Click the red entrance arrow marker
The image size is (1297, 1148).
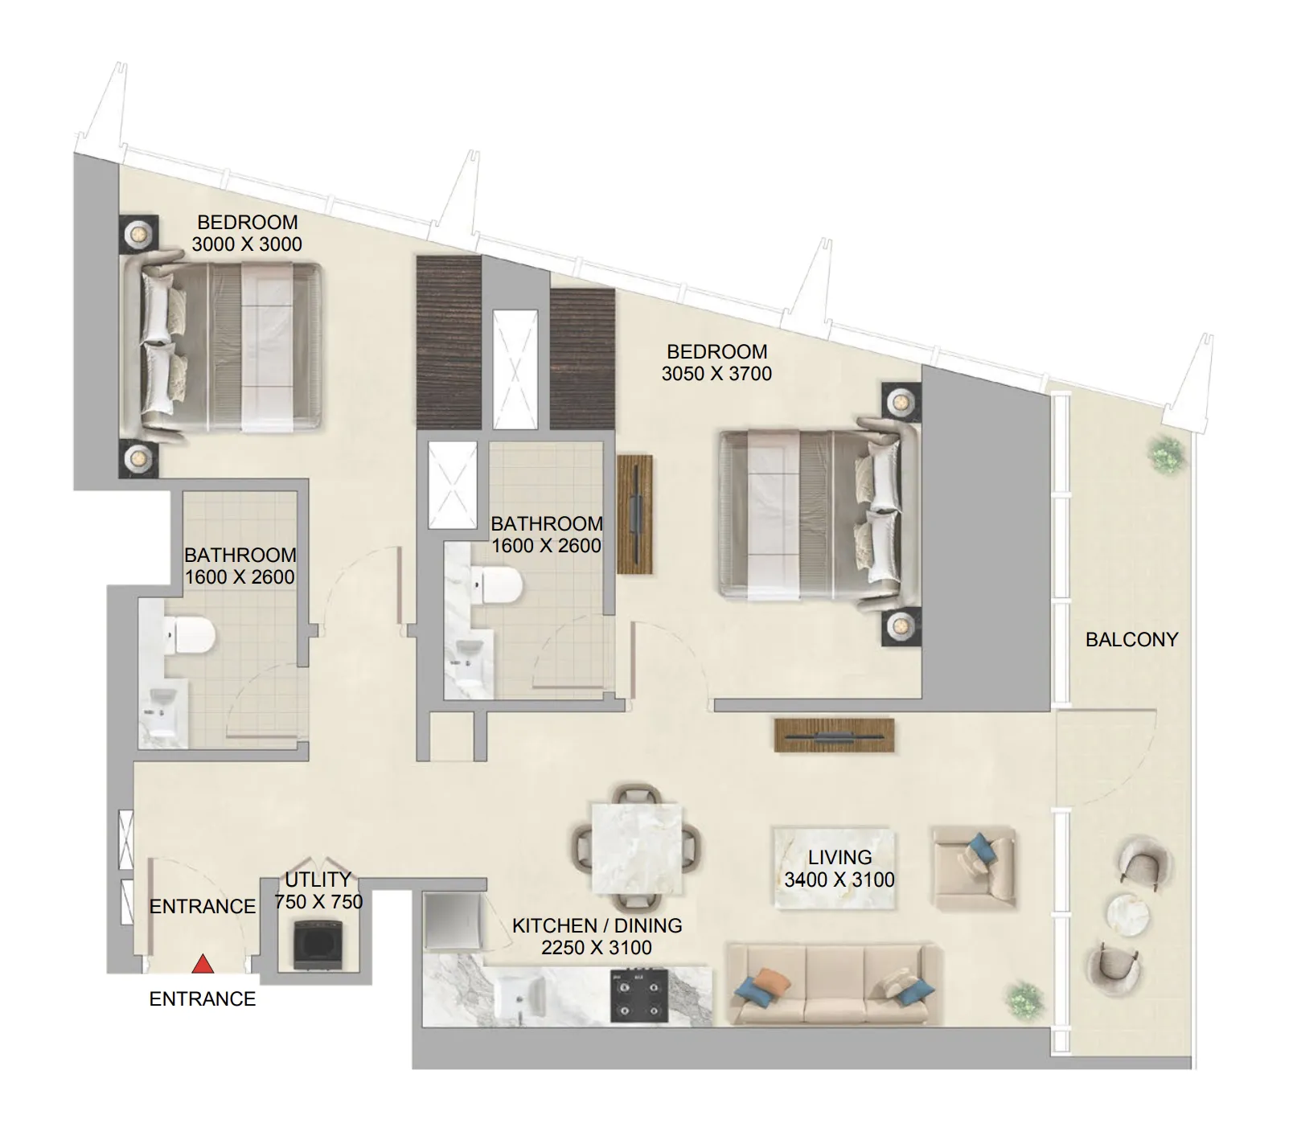tap(203, 963)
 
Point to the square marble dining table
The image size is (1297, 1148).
tap(637, 847)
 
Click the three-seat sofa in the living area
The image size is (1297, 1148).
tap(832, 984)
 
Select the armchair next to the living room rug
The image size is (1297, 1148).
tap(974, 866)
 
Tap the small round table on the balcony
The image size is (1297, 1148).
tap(1129, 915)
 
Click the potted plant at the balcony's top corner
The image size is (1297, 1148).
tap(1165, 454)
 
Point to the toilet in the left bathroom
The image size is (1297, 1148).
tap(191, 636)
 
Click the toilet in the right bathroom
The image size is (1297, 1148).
tap(499, 585)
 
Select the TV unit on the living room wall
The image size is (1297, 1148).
tap(834, 736)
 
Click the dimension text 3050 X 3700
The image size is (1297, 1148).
tap(716, 374)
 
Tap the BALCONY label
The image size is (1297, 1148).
tap(1131, 640)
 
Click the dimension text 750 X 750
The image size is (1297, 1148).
tap(318, 902)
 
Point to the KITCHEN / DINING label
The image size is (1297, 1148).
tap(597, 926)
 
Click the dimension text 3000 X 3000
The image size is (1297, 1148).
tap(247, 244)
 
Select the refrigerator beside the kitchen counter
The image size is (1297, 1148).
tap(452, 921)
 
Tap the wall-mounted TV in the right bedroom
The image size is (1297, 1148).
tap(634, 515)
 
